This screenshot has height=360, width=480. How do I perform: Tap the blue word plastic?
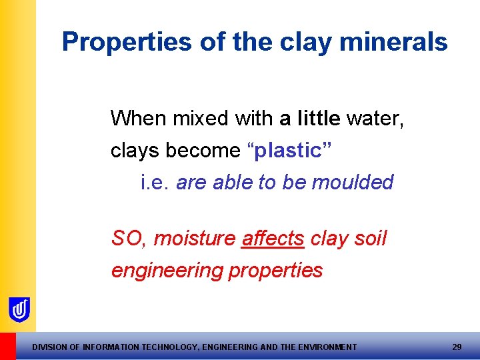[287, 151]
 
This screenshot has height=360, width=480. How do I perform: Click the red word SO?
[127, 238]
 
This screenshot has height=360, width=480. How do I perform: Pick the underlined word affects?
[273, 238]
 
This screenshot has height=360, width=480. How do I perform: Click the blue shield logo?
[19, 309]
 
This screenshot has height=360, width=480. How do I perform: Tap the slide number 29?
[457, 347]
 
